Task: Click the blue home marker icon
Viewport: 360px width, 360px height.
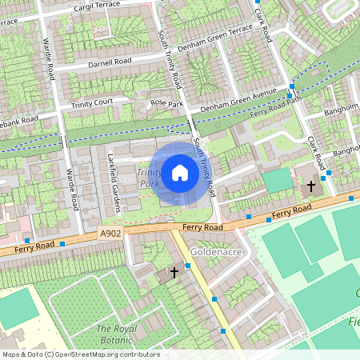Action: pos(180,172)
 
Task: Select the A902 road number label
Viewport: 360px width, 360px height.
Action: pos(112,234)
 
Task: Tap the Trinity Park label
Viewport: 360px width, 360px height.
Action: pos(148,178)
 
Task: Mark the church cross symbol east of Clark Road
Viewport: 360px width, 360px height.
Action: pos(310,186)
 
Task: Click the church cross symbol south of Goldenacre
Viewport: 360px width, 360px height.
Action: pos(174,273)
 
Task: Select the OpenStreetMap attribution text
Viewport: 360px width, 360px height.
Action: pos(80,354)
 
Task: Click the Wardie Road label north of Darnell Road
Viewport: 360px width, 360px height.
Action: pos(50,60)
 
